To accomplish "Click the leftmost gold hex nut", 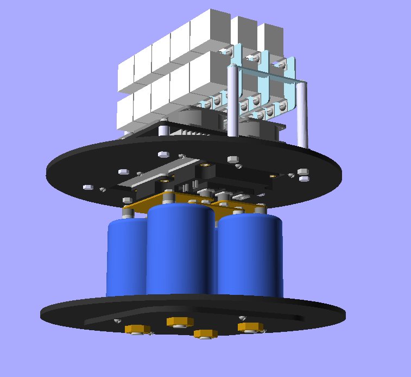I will pos(137,329).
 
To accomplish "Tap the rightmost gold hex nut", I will pos(250,326).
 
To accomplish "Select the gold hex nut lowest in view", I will pos(205,333).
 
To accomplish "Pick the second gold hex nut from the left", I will pos(180,322).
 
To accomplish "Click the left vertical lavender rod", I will pos(232,101).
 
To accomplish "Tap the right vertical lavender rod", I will pos(305,114).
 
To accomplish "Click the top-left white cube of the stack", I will pos(126,68).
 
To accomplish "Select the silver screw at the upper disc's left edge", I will pos(87,188).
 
